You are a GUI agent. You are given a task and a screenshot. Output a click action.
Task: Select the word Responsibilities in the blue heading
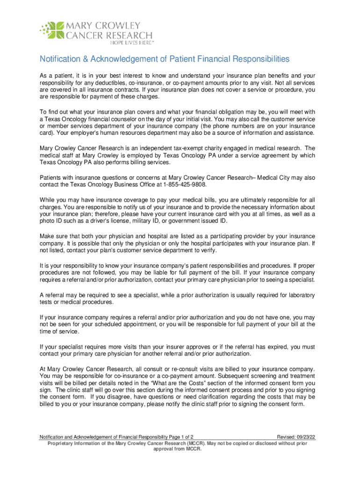point(252,59)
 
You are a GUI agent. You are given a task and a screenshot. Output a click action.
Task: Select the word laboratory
point(297,295)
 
